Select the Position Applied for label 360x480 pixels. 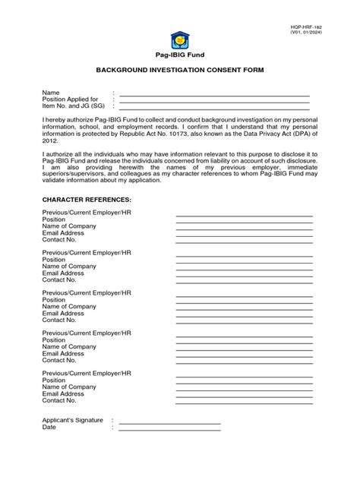point(71,99)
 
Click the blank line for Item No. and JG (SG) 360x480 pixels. point(215,107)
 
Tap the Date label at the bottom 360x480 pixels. point(49,427)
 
